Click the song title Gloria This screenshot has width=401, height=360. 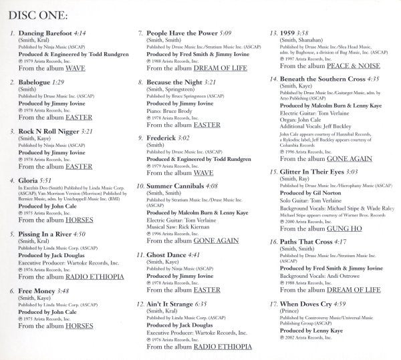tap(29, 180)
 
